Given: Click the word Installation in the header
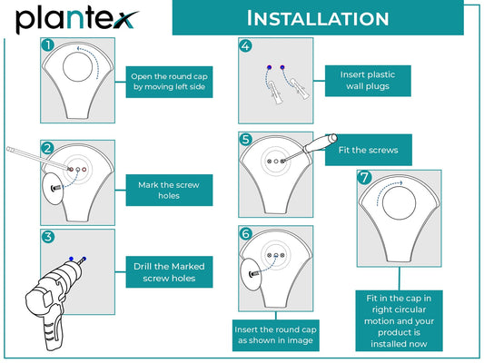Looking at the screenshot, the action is click(x=318, y=18).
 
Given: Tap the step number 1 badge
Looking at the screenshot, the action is click(x=48, y=45).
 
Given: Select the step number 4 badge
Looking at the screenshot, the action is click(x=245, y=46).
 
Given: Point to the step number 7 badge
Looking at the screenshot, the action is click(x=364, y=177).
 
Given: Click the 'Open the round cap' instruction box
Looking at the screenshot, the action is click(x=169, y=82).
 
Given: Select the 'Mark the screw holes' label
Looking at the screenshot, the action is click(x=169, y=190).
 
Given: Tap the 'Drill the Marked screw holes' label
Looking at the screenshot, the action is click(x=169, y=271).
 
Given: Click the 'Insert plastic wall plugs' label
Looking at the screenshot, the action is click(x=368, y=81).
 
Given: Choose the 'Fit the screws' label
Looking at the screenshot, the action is click(x=369, y=150).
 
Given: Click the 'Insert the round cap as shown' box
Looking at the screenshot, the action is click(x=276, y=335).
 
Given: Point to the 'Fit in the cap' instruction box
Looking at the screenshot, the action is click(x=399, y=320).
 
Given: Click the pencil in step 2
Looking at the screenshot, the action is click(x=39, y=158).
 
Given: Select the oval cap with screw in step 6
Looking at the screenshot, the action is click(x=250, y=274).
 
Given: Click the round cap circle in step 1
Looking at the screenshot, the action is click(x=77, y=66).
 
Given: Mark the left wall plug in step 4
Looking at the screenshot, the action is click(x=275, y=93).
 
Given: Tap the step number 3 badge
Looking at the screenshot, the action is click(x=48, y=237).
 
